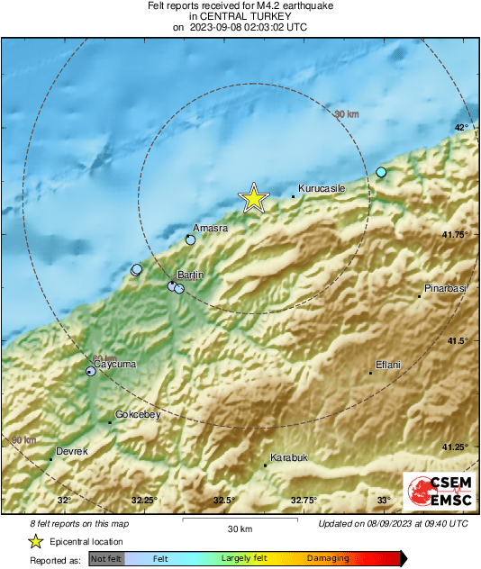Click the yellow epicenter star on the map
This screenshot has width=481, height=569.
(x=254, y=198)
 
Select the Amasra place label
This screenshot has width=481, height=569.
(x=211, y=229)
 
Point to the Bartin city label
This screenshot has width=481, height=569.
(x=191, y=274)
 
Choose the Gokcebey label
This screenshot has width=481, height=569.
(x=138, y=414)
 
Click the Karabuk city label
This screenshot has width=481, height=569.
(x=289, y=457)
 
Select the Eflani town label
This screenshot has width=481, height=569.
(x=388, y=365)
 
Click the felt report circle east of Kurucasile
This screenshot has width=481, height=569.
(x=381, y=172)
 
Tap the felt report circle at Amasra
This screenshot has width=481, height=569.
(x=190, y=240)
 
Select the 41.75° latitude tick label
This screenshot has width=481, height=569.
(x=455, y=234)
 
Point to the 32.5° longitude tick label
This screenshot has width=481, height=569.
(x=223, y=500)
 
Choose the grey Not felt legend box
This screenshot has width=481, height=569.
(x=106, y=558)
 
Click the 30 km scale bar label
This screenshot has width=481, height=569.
(x=240, y=528)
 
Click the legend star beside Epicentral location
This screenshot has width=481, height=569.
(x=35, y=541)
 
